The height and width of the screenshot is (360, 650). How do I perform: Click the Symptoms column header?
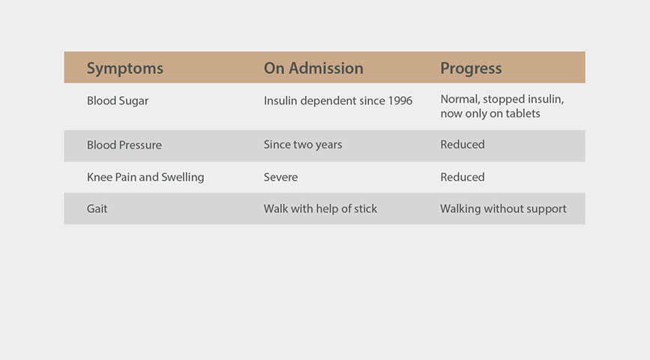(x=124, y=69)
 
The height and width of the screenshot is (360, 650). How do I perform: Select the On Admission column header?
(x=313, y=68)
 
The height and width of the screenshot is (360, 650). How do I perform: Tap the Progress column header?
(x=471, y=69)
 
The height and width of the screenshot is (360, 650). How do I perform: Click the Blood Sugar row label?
(x=118, y=101)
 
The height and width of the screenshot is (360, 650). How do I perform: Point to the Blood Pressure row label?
(x=124, y=145)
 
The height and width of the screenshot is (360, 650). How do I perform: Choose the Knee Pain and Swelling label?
(x=145, y=178)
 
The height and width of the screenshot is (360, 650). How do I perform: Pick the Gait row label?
(x=97, y=208)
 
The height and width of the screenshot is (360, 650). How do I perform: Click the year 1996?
(x=400, y=100)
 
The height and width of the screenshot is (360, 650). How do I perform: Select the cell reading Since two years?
(x=303, y=145)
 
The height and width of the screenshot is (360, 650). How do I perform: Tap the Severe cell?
(x=280, y=177)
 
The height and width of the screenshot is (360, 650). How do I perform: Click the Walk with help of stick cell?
(x=320, y=208)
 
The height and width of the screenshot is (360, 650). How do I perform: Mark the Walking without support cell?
(x=503, y=209)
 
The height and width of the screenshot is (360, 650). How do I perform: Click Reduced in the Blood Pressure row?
(x=463, y=144)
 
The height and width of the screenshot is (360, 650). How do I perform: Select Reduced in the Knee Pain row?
(x=463, y=177)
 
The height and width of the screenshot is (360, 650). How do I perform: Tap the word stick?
(x=365, y=208)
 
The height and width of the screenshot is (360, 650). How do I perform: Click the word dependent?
(x=328, y=101)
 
